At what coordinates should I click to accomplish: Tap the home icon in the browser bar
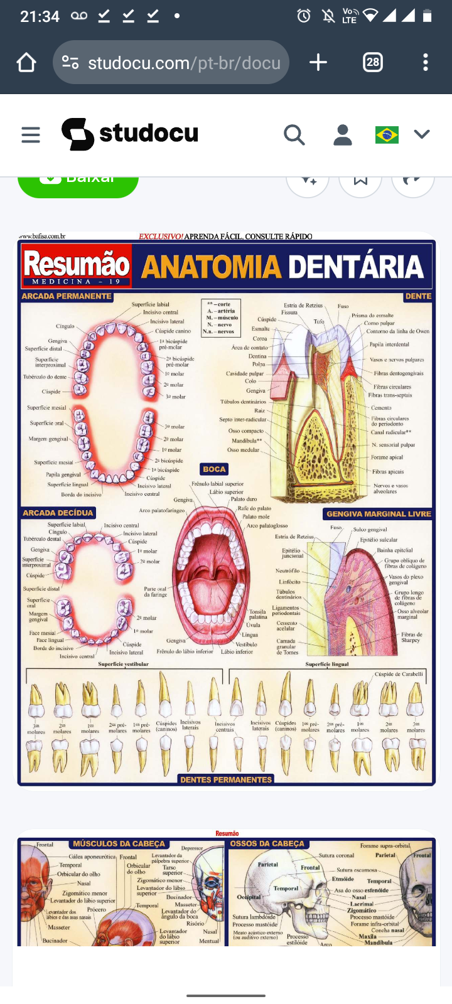pos(26,62)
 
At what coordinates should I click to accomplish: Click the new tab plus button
pos(318,62)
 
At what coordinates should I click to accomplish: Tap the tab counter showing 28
pos(373,62)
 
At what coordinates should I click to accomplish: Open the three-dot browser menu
pos(426,62)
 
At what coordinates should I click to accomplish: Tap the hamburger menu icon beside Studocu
pos(30,134)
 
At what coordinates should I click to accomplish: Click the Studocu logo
pos(130,134)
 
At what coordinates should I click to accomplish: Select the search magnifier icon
pos(294,134)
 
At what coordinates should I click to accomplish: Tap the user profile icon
pos(342,134)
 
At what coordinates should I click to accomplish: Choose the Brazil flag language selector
pos(387,134)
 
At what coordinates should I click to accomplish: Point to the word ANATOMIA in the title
pos(211,267)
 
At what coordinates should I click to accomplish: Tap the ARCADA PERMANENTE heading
pos(67,296)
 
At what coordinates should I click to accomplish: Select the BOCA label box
pos(214,469)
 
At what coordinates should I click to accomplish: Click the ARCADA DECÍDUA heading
pos(58,513)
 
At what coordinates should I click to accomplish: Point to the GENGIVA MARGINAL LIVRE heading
pos(379,514)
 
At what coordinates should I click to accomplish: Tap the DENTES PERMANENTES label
pos(226,779)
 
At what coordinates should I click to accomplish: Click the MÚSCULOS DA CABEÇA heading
pos(119,844)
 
